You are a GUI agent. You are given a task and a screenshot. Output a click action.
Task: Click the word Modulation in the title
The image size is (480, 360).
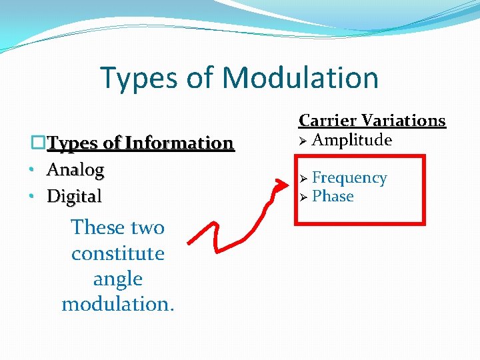[x=301, y=77]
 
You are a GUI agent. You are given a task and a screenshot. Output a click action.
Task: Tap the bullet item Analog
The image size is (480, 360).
[x=75, y=170]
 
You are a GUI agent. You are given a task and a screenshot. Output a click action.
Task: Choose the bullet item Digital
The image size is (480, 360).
[x=74, y=197]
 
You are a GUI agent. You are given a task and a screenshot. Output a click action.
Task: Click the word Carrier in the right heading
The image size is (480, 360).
[x=326, y=121]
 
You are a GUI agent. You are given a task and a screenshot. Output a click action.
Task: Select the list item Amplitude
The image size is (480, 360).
[x=351, y=140]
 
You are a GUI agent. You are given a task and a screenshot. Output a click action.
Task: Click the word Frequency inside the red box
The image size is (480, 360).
[x=349, y=178]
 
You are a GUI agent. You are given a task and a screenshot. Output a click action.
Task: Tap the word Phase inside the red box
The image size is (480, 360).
[x=333, y=197]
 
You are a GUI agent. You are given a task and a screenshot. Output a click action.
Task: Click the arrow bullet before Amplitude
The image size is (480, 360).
[x=303, y=141]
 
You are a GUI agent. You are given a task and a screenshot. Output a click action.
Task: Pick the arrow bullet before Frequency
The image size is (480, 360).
[x=303, y=179]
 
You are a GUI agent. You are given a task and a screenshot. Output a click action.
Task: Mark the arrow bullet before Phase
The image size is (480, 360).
[x=303, y=197]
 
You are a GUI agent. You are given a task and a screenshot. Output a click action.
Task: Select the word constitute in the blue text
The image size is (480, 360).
[x=117, y=253]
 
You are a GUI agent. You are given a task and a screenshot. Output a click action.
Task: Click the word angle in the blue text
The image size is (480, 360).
[x=117, y=279]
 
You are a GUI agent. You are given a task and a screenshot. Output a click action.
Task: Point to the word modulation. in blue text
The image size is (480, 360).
[x=117, y=304]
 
